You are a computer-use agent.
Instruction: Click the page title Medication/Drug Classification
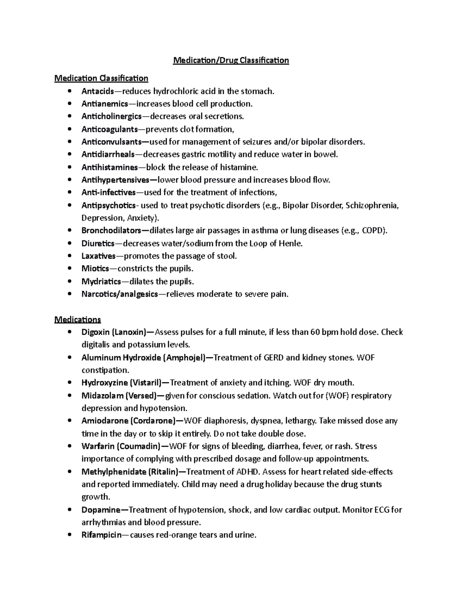pyautogui.click(x=231, y=60)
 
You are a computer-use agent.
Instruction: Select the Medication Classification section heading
pyautogui.click(x=101, y=79)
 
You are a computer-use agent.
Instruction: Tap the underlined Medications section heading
pyautogui.click(x=78, y=320)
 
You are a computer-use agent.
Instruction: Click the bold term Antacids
pyautogui.click(x=97, y=91)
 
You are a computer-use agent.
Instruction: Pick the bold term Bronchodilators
pyautogui.click(x=111, y=231)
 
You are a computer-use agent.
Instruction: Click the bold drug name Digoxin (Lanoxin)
pyautogui.click(x=114, y=332)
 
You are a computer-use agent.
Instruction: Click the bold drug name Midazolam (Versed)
pyautogui.click(x=119, y=395)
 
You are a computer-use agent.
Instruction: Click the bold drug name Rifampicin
pyautogui.click(x=101, y=535)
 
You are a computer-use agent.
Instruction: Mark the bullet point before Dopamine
pyautogui.click(x=69, y=510)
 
